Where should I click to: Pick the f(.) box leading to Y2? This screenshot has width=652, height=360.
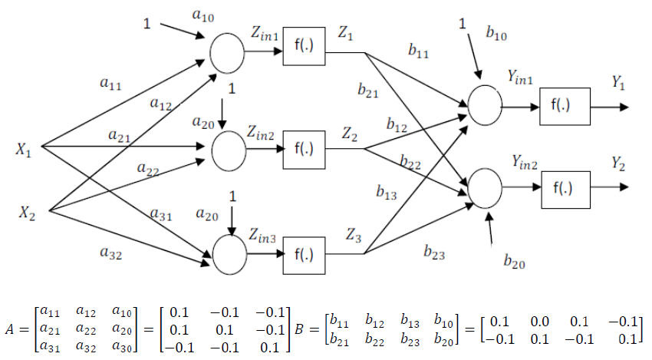[x=565, y=187]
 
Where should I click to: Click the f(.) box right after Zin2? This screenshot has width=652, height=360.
[x=305, y=147]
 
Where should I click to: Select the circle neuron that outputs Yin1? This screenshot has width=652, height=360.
[x=485, y=104]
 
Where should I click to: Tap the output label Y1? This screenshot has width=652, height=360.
[x=617, y=82]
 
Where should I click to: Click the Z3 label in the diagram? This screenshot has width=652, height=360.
[x=354, y=235]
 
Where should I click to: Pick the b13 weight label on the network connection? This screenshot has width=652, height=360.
[x=387, y=193]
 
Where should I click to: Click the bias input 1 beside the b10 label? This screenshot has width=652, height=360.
[x=462, y=25]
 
